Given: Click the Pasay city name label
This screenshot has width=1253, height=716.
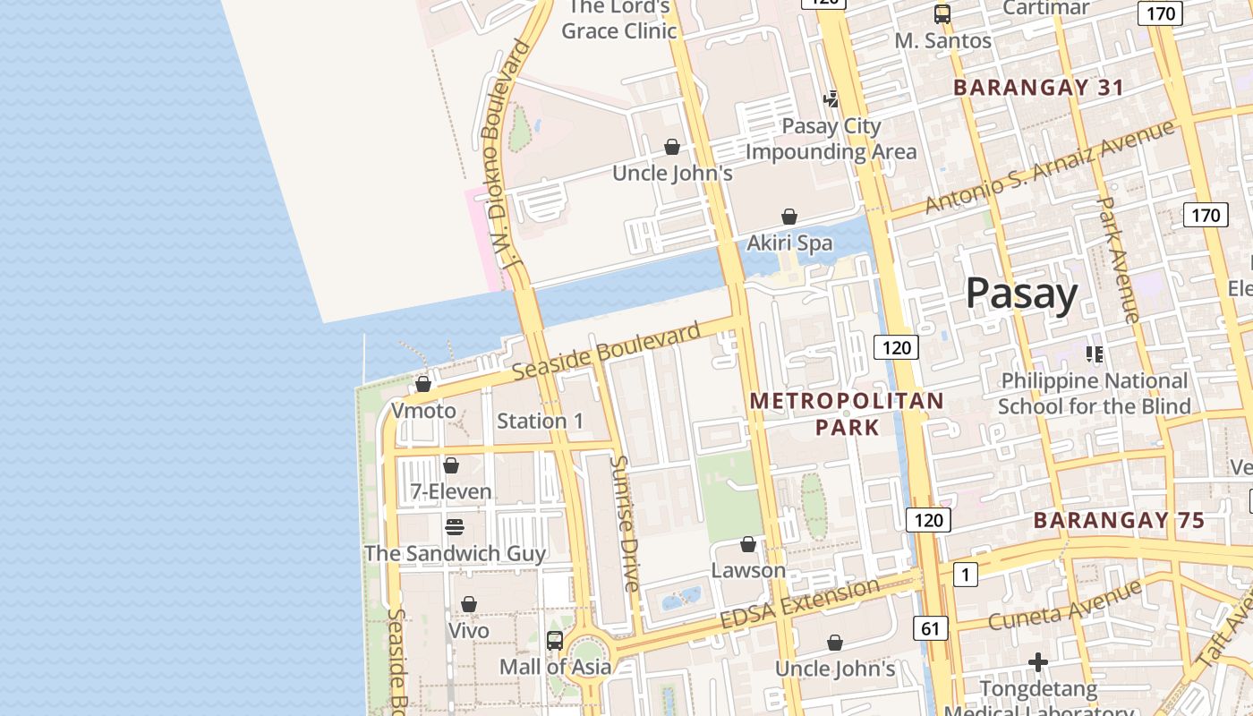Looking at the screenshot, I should coord(1021,294).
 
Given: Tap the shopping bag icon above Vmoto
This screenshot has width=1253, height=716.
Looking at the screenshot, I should coord(423,384).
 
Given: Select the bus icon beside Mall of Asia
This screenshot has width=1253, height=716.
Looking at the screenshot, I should coord(555,640).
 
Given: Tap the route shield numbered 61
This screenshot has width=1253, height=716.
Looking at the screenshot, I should coord(931,628).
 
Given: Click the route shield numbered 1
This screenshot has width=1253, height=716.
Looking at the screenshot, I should coord(965,574).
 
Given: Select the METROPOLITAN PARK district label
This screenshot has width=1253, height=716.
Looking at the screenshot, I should coord(847,413).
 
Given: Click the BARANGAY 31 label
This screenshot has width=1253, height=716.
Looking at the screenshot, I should coord(1038,88).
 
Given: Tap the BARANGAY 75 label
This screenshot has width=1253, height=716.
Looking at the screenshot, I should coord(1119,520).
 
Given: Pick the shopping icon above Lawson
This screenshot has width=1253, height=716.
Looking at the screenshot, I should coord(748,544).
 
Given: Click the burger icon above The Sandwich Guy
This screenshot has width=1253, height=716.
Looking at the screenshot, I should coord(455,526).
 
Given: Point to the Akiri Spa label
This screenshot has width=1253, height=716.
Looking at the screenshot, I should coord(789,243).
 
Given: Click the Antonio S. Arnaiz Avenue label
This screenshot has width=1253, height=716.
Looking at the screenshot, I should coord(1049,167).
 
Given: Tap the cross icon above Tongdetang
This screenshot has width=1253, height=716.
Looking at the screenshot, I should coord(1038,662).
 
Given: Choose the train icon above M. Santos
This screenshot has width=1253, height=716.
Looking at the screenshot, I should coord(942,14).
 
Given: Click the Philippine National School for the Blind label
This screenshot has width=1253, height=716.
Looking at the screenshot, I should coord(1093,393).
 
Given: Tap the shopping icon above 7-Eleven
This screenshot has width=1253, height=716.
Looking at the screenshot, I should coord(451,465).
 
